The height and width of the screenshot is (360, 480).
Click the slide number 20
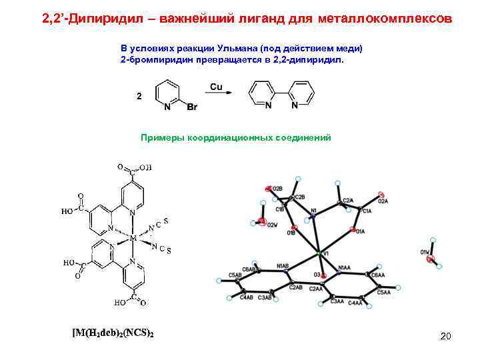click(445, 336)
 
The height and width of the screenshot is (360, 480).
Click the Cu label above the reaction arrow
click(216, 87)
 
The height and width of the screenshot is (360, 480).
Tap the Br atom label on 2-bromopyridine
click(191, 107)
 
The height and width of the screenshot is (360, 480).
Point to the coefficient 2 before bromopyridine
click(139, 96)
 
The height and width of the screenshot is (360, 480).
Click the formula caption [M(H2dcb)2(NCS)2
click(113, 333)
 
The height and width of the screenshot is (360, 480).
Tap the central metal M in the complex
click(133, 237)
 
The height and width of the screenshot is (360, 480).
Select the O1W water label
click(425, 252)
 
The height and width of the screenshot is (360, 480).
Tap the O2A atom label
click(383, 200)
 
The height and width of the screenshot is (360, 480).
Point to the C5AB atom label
click(235, 275)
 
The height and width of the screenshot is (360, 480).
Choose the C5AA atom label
click(383, 291)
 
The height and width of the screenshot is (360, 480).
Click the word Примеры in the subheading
click(159, 138)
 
